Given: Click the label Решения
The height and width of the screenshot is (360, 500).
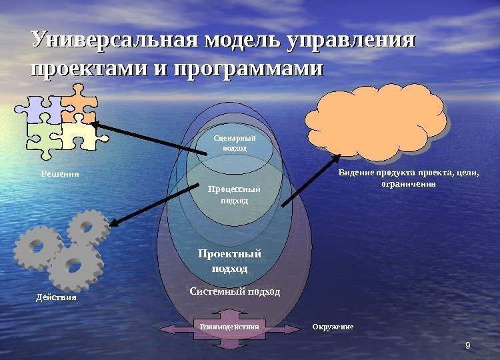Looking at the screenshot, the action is [x=56, y=174].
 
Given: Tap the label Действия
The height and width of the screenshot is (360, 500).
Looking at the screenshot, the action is [x=56, y=297].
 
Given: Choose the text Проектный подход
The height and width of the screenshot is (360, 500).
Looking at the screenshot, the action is [x=229, y=261].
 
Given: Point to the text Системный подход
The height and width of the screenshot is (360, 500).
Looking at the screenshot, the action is [x=235, y=292].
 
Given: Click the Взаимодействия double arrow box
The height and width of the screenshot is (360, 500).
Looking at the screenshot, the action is [x=229, y=327].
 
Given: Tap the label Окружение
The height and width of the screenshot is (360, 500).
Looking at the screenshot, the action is [x=332, y=327].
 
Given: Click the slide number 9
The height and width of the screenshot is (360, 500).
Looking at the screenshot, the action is [x=468, y=345].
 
